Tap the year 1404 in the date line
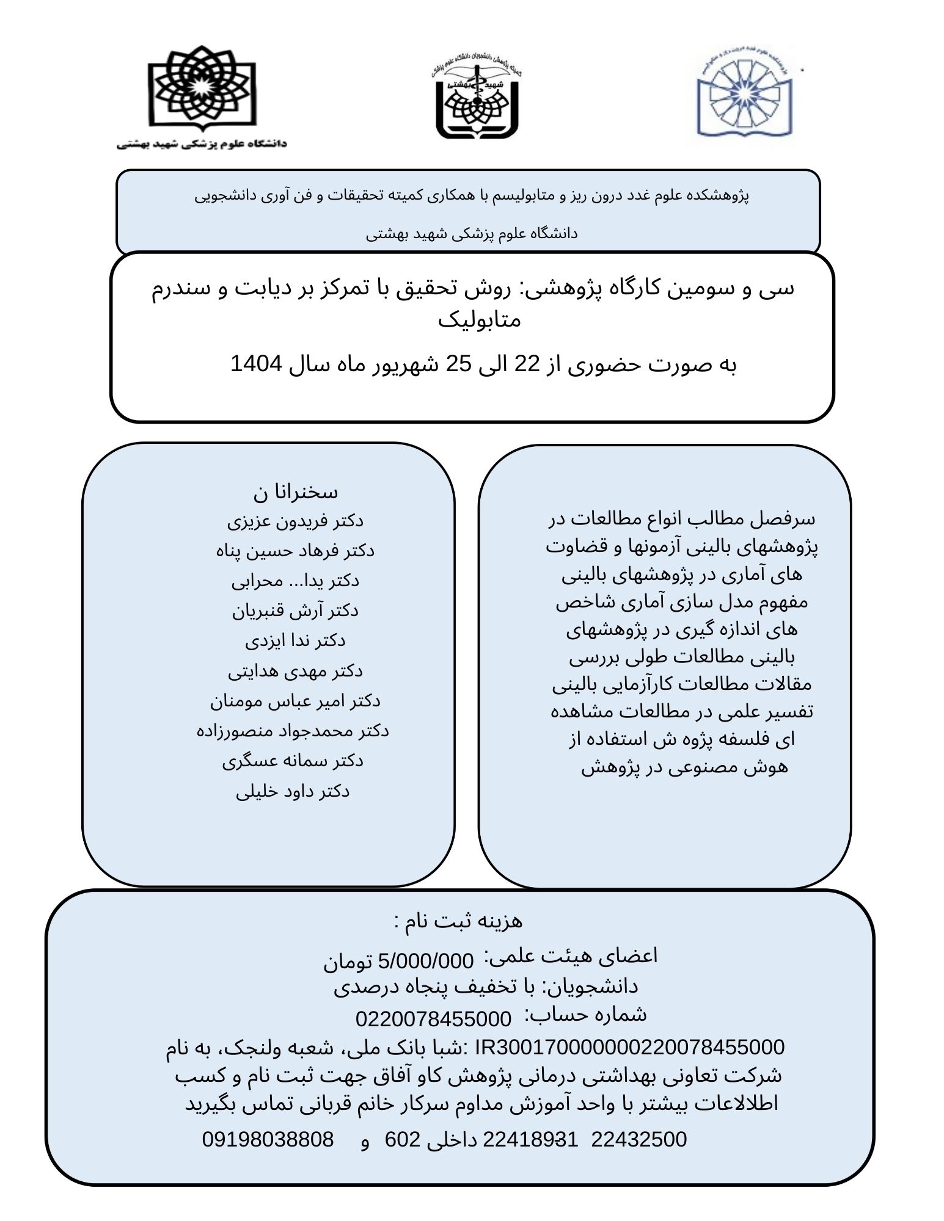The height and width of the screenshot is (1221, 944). (x=256, y=364)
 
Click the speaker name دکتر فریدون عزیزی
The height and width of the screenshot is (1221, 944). (x=295, y=521)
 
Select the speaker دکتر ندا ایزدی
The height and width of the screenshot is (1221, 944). (x=295, y=641)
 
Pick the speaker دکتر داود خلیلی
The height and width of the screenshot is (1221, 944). (x=293, y=792)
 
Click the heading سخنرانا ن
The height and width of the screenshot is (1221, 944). (x=296, y=492)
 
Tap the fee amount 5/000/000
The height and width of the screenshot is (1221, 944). (x=426, y=962)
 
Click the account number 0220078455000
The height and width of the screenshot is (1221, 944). (x=433, y=1019)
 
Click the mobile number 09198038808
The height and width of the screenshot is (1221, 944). (x=268, y=1139)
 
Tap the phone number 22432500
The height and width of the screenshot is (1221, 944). (x=639, y=1139)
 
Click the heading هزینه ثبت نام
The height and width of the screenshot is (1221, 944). (x=458, y=921)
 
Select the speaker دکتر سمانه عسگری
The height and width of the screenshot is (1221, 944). (x=293, y=761)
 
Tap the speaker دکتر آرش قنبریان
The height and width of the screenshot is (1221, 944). (x=295, y=611)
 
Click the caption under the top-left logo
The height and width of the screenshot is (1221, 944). (x=202, y=145)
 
